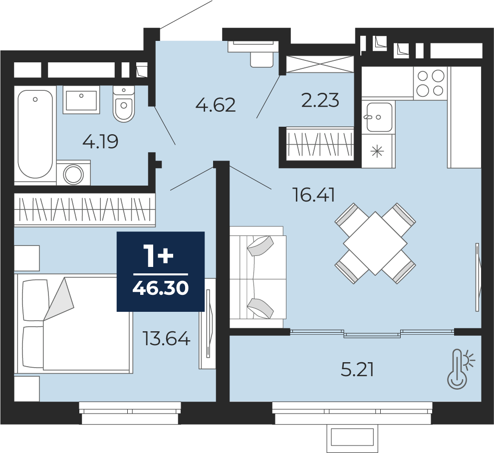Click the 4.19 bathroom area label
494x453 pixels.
(100, 142)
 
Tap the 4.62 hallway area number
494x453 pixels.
(216, 105)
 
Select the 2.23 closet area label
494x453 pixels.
(320, 100)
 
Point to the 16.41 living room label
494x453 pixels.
(313, 195)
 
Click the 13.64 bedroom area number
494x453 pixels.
(166, 338)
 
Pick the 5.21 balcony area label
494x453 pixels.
(357, 370)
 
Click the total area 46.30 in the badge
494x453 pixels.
(161, 288)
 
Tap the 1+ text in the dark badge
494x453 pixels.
(158, 256)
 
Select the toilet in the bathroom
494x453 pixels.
(124, 104)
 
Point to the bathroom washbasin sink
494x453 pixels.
(81, 100)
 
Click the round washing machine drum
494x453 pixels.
(73, 174)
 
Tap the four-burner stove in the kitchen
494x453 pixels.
(430, 83)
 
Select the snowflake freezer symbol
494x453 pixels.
(377, 152)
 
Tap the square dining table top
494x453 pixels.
(375, 243)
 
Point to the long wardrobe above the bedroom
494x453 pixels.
(85, 210)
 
